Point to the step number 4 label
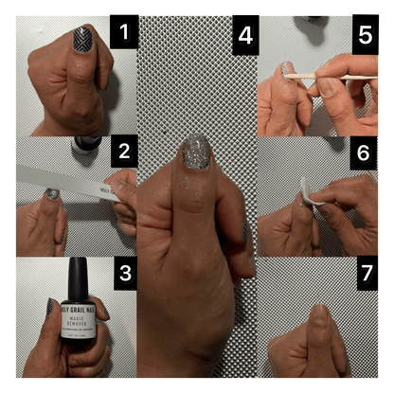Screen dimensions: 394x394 245,37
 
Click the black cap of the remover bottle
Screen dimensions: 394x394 79,276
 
